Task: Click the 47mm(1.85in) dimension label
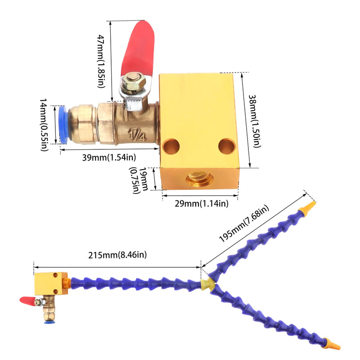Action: pyautogui.click(x=101, y=61)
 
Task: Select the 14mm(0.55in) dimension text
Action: pyautogui.click(x=44, y=125)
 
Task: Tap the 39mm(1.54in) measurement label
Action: pyautogui.click(x=109, y=157)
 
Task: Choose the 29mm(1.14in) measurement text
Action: pyautogui.click(x=202, y=204)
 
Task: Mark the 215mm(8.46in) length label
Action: pyautogui.click(x=117, y=255)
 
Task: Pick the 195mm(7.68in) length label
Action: pyautogui.click(x=244, y=223)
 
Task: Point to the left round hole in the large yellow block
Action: pyautogui.click(x=171, y=147)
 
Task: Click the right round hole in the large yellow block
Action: pyautogui.click(x=227, y=146)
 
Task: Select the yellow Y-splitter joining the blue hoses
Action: pyautogui.click(x=208, y=284)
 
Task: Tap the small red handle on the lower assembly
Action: pyautogui.click(x=27, y=300)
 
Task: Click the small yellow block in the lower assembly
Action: pyautogui.click(x=51, y=284)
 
